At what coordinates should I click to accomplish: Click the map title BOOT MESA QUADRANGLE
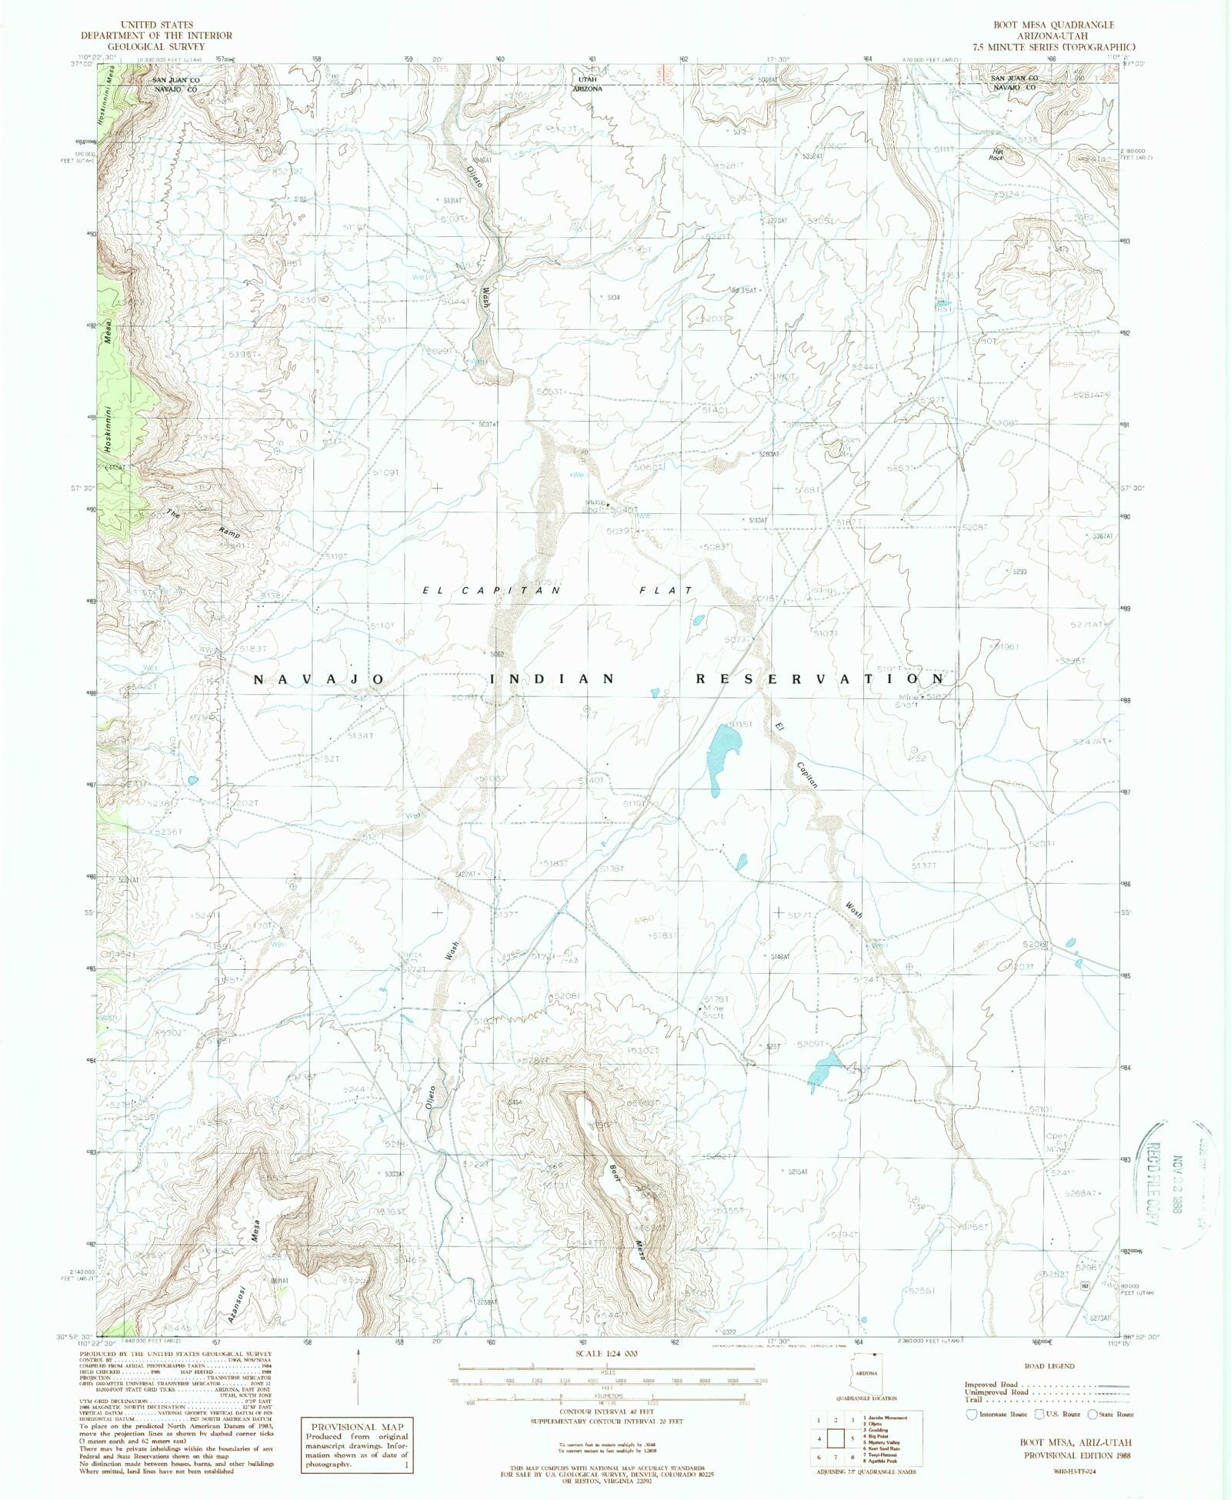pyautogui.click(x=1043, y=25)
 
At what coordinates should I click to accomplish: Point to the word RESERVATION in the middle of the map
pyautogui.click(x=819, y=679)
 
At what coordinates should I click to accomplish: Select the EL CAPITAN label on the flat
pyautogui.click(x=492, y=590)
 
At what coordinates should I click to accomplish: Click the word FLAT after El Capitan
pyautogui.click(x=664, y=590)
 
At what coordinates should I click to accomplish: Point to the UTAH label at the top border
pyautogui.click(x=587, y=79)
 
